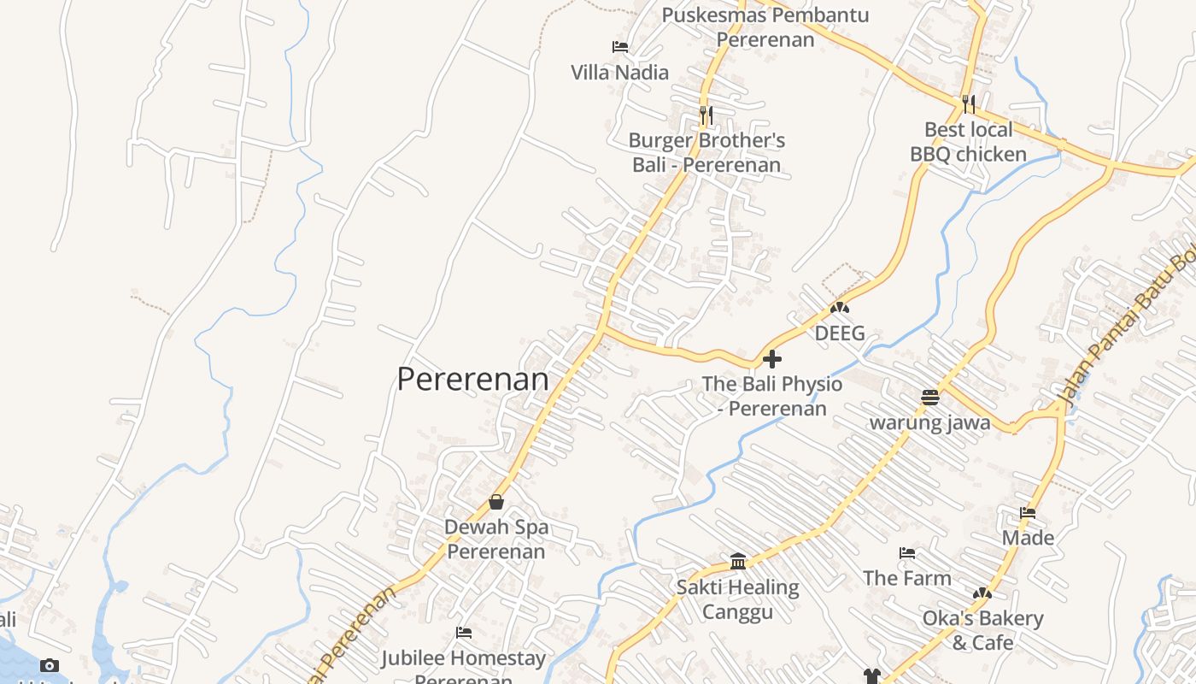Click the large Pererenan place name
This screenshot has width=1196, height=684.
[x=472, y=379]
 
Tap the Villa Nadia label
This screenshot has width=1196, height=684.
[x=619, y=73]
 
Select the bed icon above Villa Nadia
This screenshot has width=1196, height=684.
[x=620, y=47]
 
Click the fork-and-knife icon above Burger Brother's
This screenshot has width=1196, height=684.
[x=706, y=114]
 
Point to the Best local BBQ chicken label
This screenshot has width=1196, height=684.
[x=968, y=142]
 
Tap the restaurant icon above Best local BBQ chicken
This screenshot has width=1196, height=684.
[x=968, y=103]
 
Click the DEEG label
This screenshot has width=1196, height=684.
[x=840, y=333]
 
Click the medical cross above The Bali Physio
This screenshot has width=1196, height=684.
[x=772, y=359]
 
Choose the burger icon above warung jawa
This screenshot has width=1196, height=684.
[x=930, y=398]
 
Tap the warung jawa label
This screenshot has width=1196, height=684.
[x=930, y=422]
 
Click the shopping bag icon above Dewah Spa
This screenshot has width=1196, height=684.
[x=496, y=502]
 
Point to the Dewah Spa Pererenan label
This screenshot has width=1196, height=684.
[x=496, y=540]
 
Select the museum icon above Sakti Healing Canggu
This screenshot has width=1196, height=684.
[x=738, y=562]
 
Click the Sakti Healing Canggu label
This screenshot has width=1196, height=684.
[x=738, y=599]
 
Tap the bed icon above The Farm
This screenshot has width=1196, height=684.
[x=907, y=554]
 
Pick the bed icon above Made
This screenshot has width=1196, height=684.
[x=1028, y=513]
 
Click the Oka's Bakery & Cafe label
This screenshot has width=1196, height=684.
[x=982, y=630]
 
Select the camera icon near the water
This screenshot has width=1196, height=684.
[x=50, y=665]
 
